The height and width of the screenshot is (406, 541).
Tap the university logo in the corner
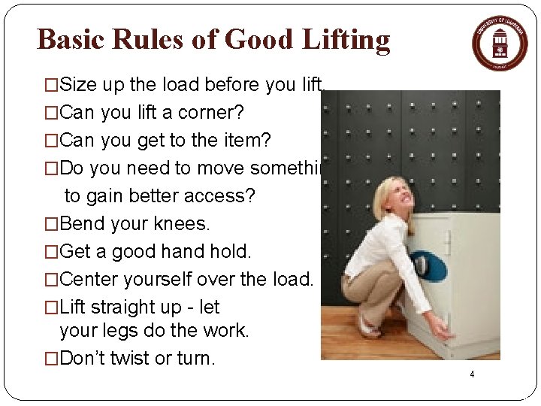500,42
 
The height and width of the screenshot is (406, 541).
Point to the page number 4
472,374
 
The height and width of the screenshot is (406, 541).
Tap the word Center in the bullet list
90,280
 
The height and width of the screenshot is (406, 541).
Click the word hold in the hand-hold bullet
228,252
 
